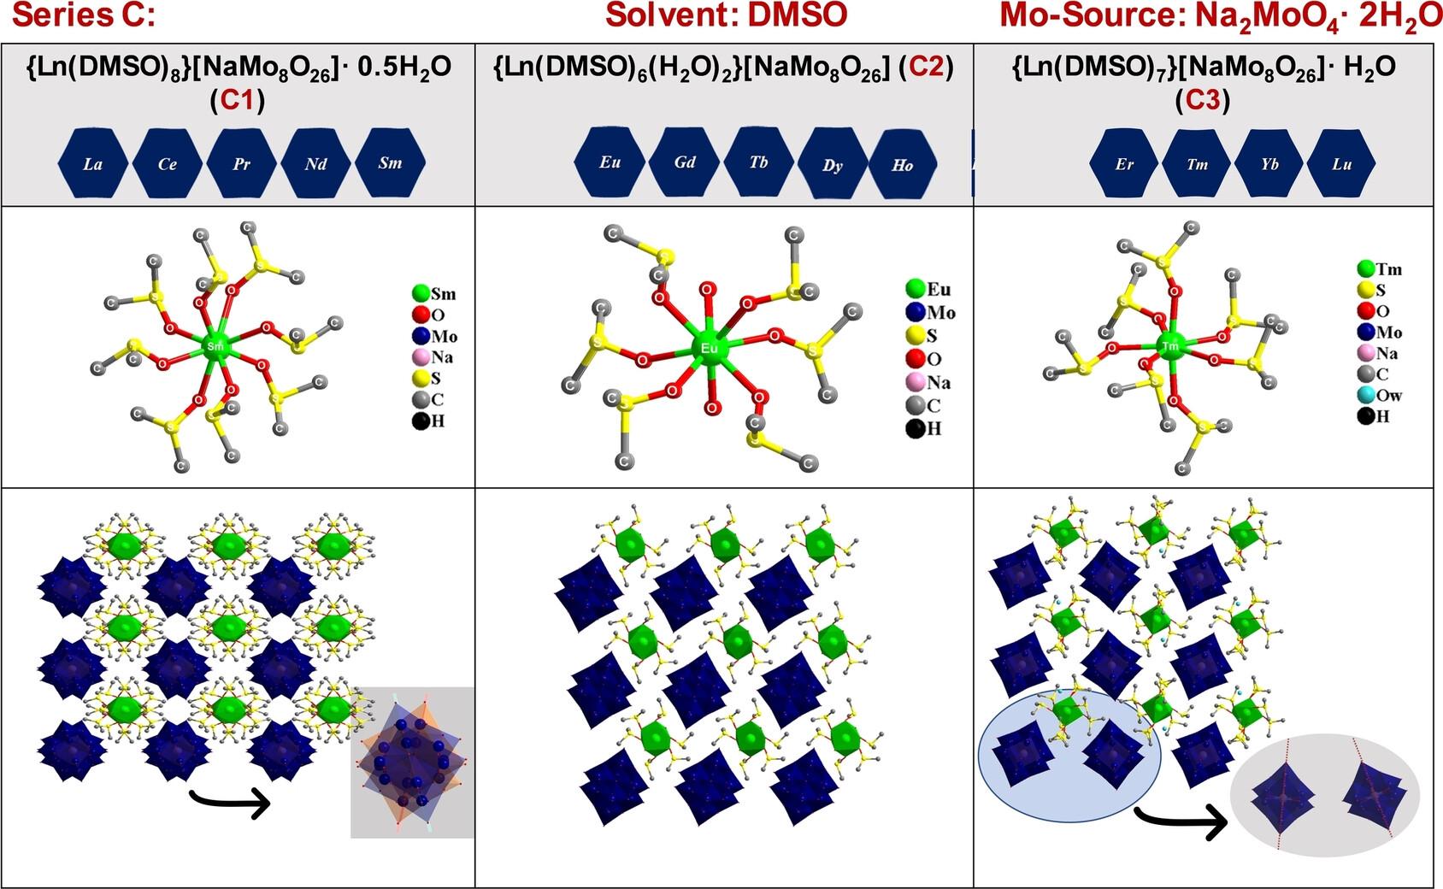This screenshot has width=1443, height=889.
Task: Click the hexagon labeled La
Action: (x=92, y=163)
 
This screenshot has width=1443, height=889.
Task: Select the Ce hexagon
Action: (x=168, y=163)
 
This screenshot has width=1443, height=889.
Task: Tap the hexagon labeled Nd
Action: (x=316, y=163)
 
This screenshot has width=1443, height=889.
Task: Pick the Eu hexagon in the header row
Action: (x=610, y=162)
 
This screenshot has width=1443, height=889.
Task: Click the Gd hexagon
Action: (x=685, y=162)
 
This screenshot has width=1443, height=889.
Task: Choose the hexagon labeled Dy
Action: (x=833, y=164)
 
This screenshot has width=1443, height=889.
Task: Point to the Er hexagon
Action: (x=1124, y=164)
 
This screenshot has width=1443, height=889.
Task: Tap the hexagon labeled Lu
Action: (x=1341, y=164)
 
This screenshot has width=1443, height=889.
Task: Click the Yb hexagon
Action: (x=1269, y=164)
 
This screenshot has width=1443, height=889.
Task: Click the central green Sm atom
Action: (x=215, y=346)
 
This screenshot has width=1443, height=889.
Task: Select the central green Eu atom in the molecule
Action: (x=709, y=348)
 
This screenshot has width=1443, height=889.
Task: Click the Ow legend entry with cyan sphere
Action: (x=1378, y=395)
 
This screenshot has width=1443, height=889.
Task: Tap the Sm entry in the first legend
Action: (x=433, y=294)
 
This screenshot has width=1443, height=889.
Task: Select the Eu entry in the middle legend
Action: (x=928, y=289)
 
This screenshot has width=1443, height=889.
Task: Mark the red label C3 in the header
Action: (x=1202, y=100)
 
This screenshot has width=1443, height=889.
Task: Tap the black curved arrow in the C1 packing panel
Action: (x=229, y=803)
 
